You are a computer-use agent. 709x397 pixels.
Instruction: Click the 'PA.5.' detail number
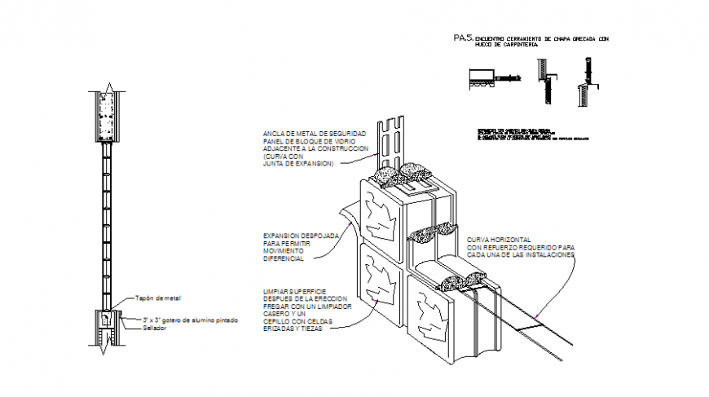pyautogui.click(x=463, y=38)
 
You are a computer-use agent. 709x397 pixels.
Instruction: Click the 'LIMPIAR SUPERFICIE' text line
pyautogui.click(x=296, y=291)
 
